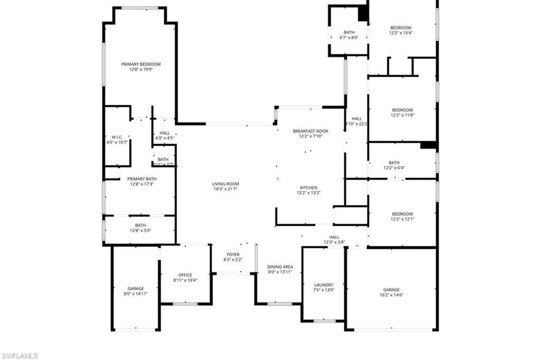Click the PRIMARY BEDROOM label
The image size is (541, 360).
pyautogui.click(x=141, y=64)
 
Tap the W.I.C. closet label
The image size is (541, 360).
pyautogui.click(x=117, y=137)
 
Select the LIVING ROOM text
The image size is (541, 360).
pyautogui.click(x=226, y=184)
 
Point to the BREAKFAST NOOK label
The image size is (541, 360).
pyautogui.click(x=311, y=131)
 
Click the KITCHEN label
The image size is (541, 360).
pyautogui.click(x=309, y=188)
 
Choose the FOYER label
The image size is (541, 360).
pyautogui.click(x=233, y=254)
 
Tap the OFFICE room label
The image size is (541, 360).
pyautogui.click(x=185, y=275)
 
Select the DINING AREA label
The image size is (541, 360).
pyautogui.click(x=280, y=267)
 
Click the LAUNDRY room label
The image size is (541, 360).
pyautogui.click(x=323, y=284)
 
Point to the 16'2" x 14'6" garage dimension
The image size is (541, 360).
pyautogui.click(x=391, y=296)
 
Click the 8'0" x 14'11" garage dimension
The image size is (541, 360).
pyautogui.click(x=136, y=294)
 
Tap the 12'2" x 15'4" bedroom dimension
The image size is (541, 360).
pyautogui.click(x=400, y=33)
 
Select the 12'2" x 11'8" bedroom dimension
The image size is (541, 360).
pyautogui.click(x=402, y=115)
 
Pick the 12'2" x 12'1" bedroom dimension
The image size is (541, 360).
pyautogui.click(x=402, y=219)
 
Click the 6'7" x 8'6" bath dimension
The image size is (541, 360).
pyautogui.click(x=349, y=38)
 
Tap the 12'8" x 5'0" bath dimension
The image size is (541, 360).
pyautogui.click(x=141, y=230)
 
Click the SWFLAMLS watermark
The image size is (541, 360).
pyautogui.click(x=20, y=356)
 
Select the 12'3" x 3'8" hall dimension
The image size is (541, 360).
pyautogui.click(x=334, y=243)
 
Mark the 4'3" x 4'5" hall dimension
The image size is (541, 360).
pyautogui.click(x=164, y=138)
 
